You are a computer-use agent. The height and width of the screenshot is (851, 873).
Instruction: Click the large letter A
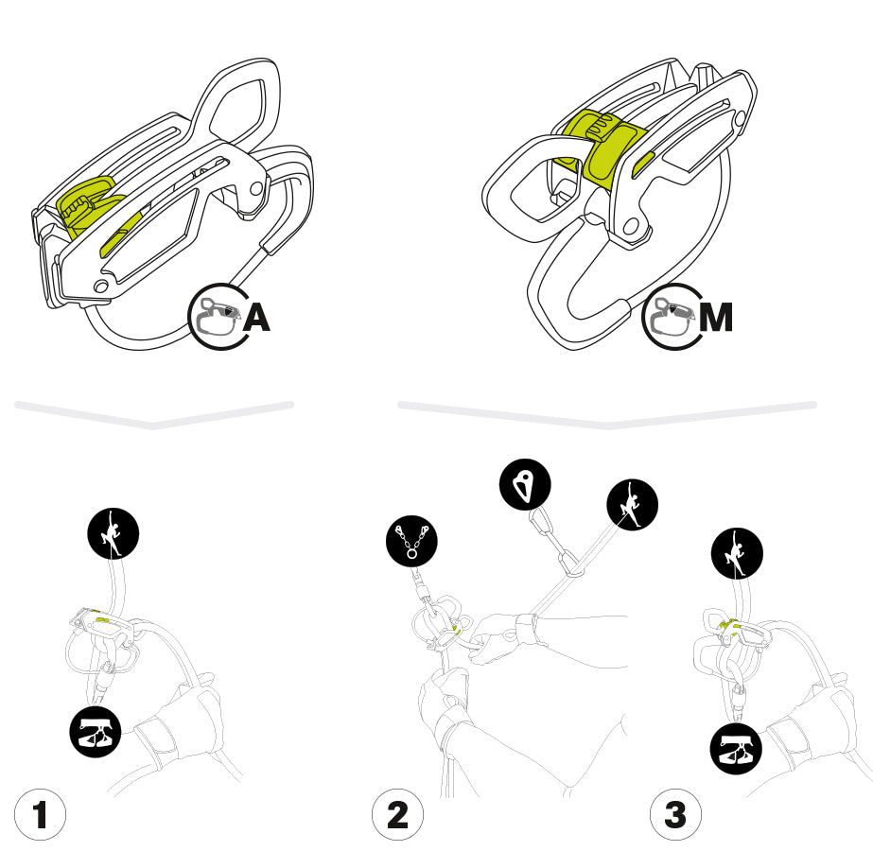click(256, 318)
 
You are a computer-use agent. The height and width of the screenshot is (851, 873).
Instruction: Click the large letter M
click(714, 318)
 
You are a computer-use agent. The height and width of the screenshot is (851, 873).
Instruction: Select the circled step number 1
click(40, 814)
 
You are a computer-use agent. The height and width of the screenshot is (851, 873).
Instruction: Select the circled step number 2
click(397, 814)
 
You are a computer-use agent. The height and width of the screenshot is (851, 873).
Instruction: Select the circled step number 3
click(675, 814)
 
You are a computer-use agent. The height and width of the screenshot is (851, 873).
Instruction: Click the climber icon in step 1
click(113, 534)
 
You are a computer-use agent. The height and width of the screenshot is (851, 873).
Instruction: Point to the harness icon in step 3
click(736, 753)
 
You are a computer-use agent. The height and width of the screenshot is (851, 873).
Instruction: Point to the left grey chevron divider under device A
click(153, 415)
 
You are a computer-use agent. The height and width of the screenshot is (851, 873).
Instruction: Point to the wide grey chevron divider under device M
click(606, 414)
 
